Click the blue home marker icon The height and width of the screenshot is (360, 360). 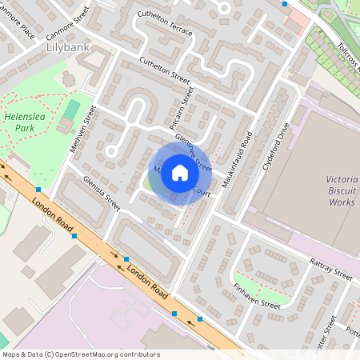click(180, 173)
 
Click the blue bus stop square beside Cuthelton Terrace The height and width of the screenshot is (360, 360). click(285, 4)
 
